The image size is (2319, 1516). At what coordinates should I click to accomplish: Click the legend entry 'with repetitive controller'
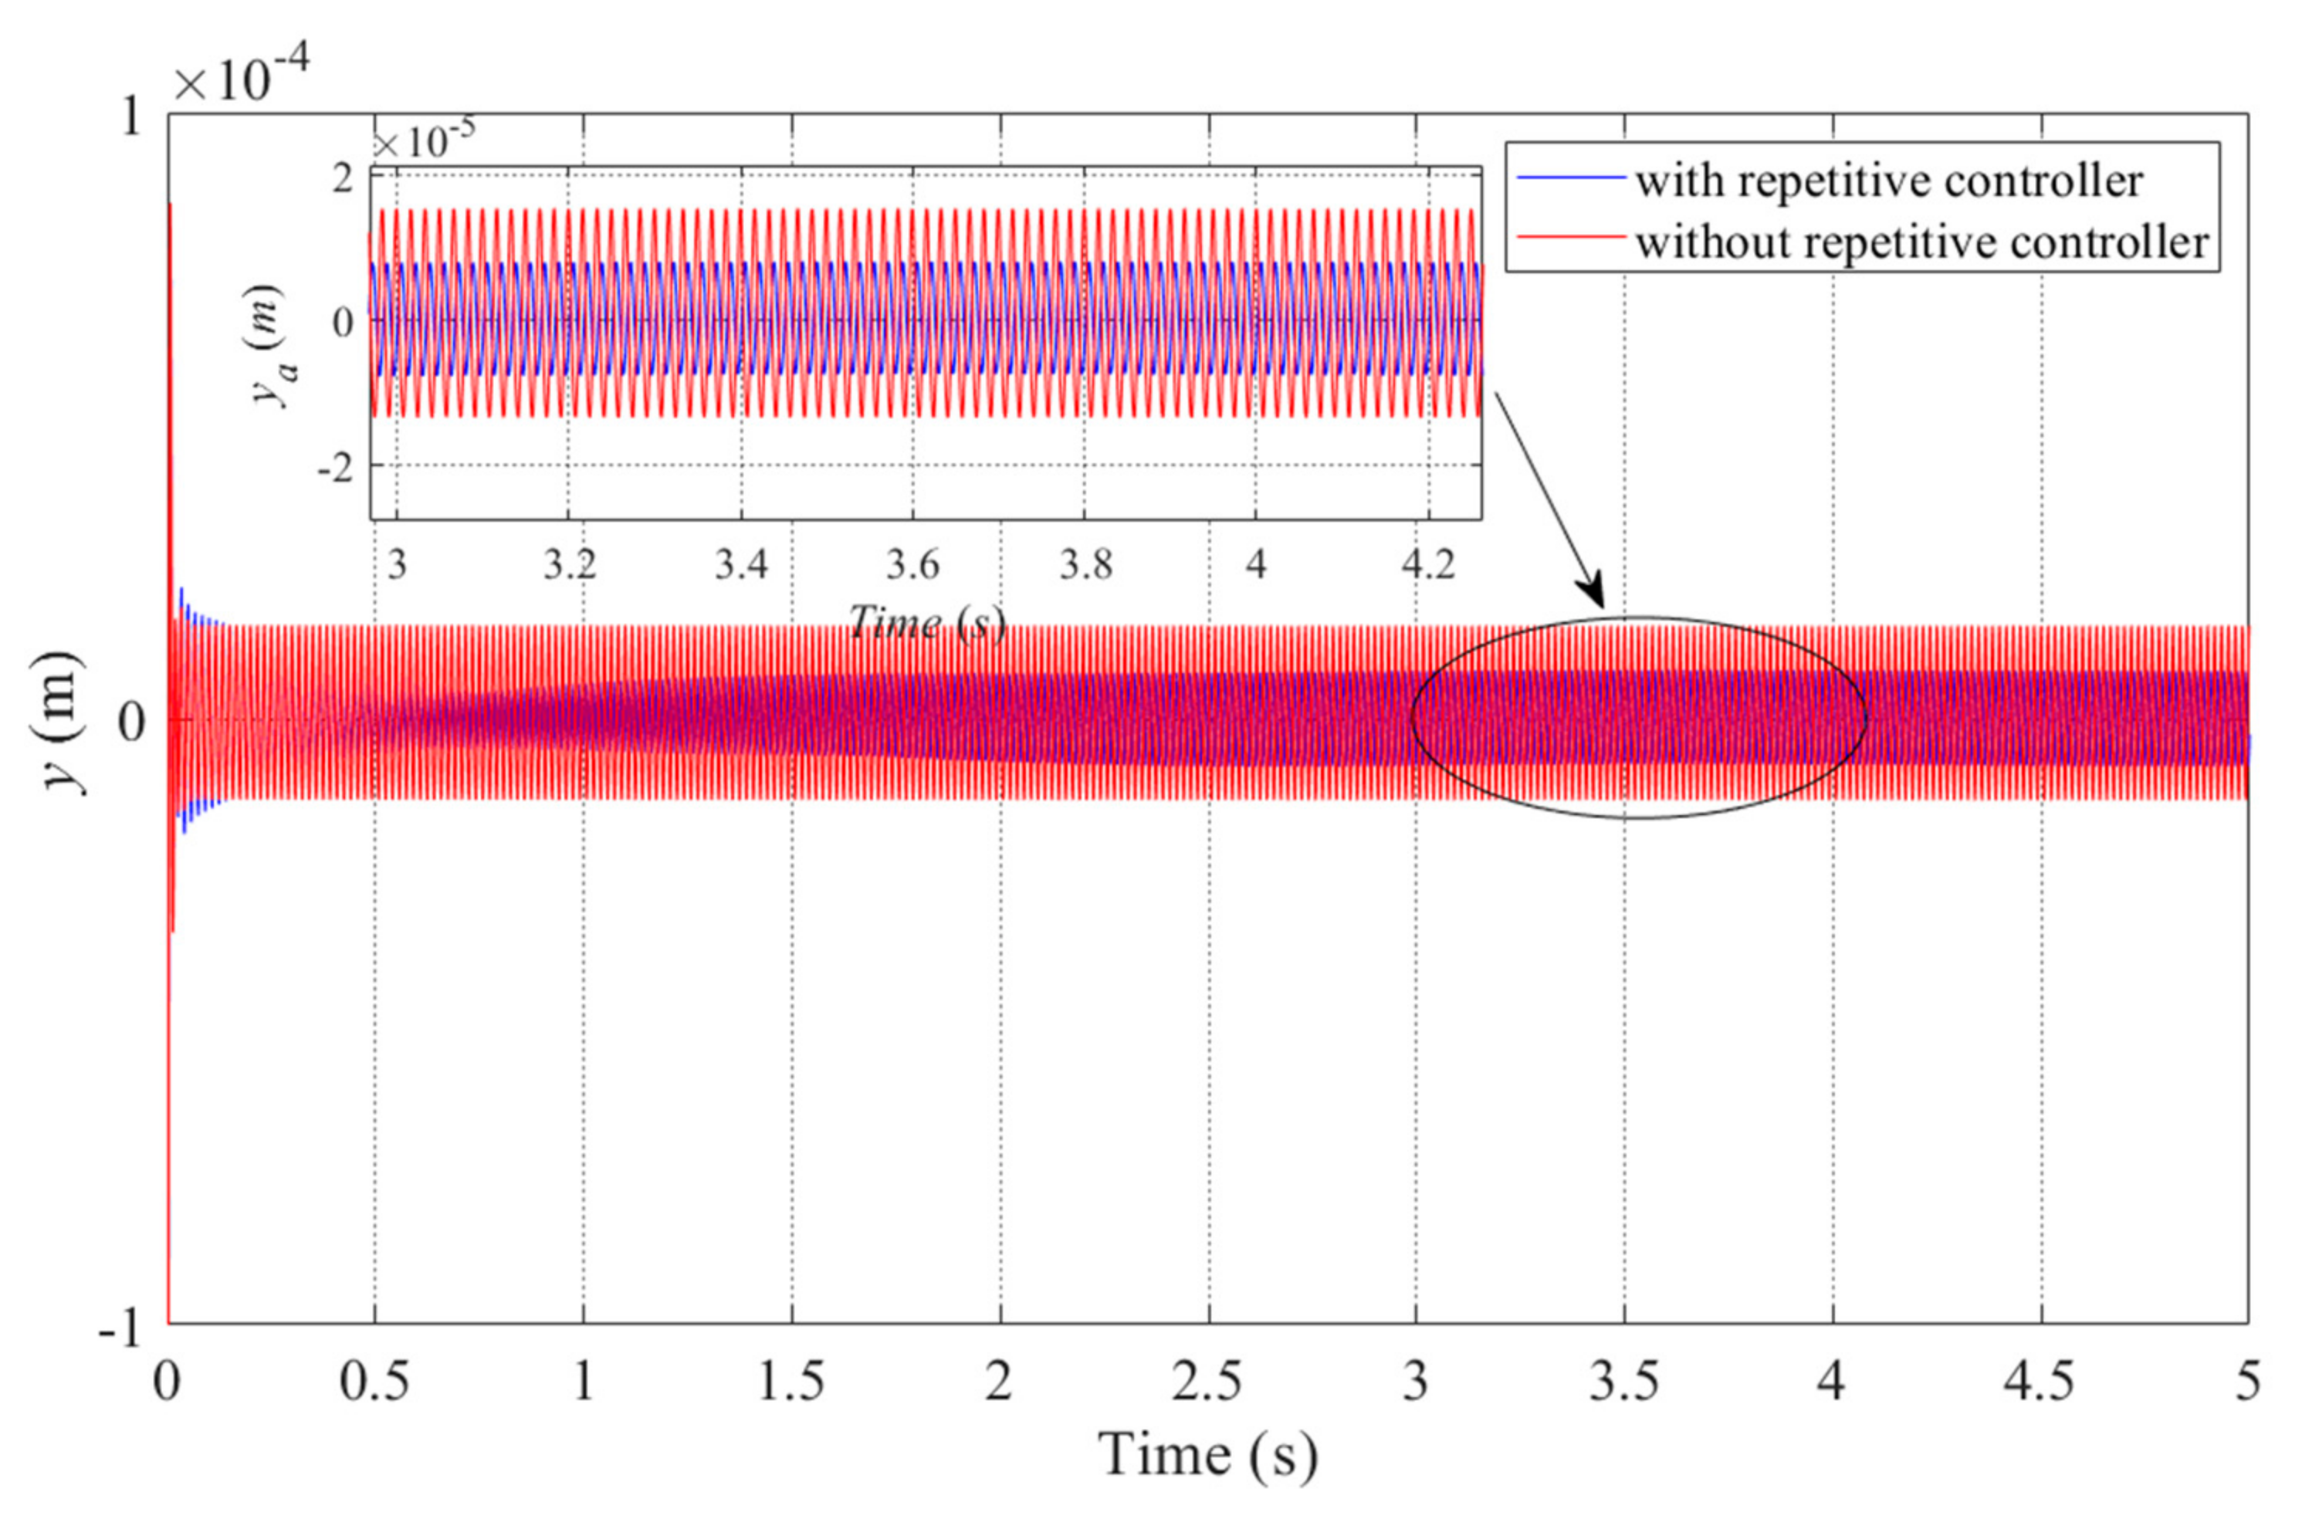(x=1888, y=181)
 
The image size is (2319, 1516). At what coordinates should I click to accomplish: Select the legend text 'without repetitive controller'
(x=1921, y=242)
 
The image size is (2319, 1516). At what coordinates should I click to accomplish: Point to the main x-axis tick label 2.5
(x=1207, y=1382)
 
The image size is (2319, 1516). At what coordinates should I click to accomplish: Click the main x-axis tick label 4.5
(x=2040, y=1382)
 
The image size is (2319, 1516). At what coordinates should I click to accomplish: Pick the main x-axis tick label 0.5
(x=374, y=1382)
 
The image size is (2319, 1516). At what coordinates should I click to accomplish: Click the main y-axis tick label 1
(x=130, y=118)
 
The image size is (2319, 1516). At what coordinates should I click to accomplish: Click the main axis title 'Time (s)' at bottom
(x=1207, y=1457)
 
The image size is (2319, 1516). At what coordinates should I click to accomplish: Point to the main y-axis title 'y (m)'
(x=64, y=721)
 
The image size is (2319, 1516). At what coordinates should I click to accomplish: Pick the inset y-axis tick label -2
(x=334, y=468)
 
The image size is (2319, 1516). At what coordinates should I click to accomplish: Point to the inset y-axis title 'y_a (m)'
(x=275, y=346)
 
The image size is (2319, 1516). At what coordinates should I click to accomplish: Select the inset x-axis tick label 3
(x=397, y=564)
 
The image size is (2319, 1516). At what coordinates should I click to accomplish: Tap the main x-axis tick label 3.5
(x=1624, y=1382)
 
